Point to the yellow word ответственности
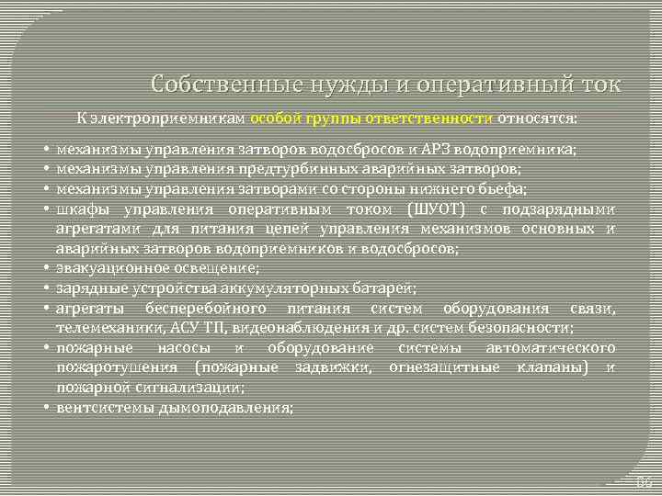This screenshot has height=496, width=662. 434,118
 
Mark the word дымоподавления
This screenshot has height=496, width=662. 238,407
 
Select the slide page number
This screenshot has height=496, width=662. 644,481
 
